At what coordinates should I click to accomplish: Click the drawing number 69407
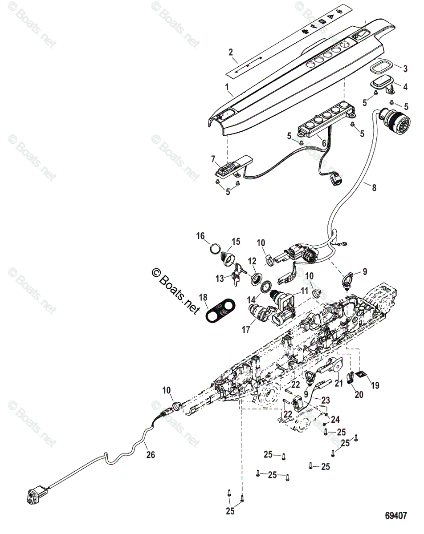396,516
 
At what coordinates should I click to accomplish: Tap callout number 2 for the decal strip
231,53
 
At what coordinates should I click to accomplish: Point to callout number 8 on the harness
374,188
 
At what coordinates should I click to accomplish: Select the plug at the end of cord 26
37,495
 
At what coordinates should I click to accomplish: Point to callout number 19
375,385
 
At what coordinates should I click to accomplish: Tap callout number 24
335,419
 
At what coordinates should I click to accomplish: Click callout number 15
235,242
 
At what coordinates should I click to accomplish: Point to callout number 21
339,383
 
